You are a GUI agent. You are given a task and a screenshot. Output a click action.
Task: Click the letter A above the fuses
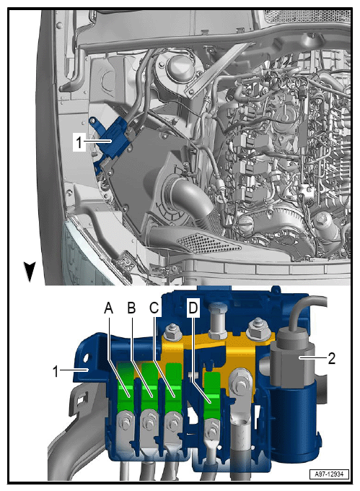coord(108,308)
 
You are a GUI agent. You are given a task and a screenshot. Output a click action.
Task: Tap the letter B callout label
coord(132,308)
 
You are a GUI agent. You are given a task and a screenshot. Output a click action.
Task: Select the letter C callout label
coord(154,308)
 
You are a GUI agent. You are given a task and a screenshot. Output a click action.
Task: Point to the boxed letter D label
coord(193,308)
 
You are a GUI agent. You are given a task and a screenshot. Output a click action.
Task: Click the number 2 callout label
coord(332,358)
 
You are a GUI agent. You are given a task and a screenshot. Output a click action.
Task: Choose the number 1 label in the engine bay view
coord(79,142)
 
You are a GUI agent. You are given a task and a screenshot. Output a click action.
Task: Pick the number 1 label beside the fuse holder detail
coord(56,372)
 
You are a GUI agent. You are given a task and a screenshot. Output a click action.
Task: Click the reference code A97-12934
coord(330,474)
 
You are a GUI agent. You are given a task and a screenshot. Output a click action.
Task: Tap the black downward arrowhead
coord(30,271)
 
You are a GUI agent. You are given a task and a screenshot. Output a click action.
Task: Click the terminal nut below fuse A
coord(125,422)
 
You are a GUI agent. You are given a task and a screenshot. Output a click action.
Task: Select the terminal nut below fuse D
coord(212,430)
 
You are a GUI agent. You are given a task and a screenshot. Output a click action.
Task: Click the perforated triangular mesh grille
coord(209,243)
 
